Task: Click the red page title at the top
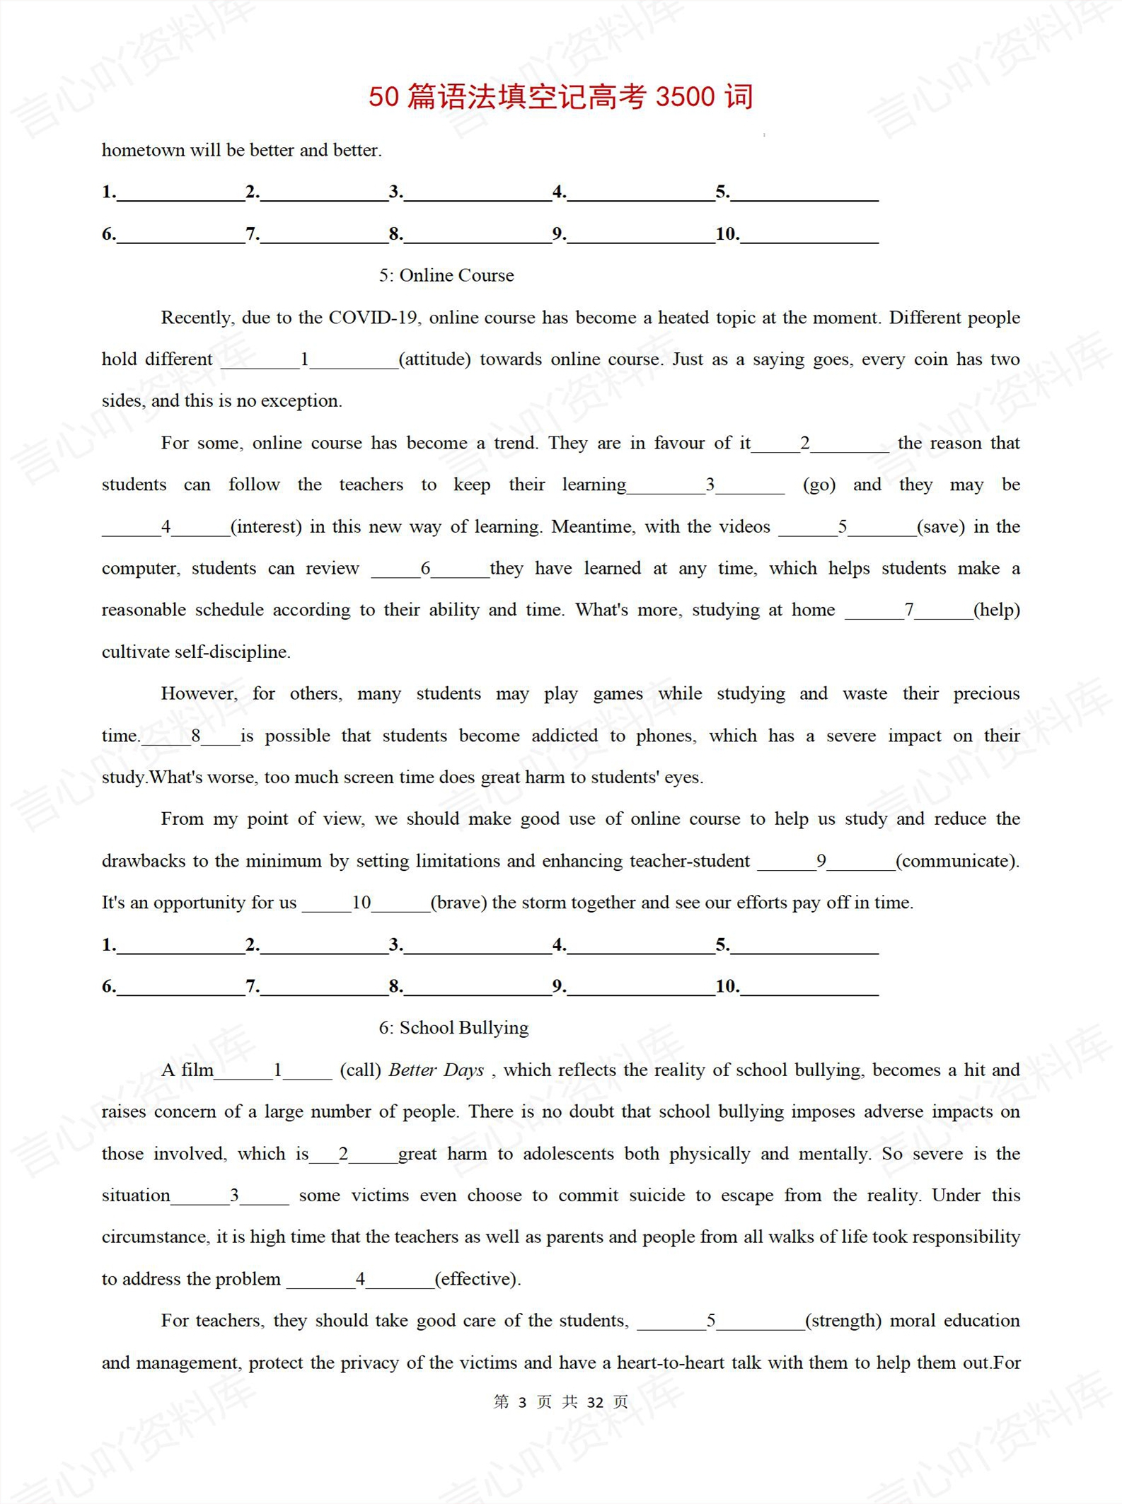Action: coord(560,96)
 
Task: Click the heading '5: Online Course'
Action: coord(446,275)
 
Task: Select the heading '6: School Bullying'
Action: coord(453,1027)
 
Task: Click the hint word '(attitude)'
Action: coord(434,359)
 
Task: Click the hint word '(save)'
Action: coord(940,526)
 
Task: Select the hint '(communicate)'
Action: coord(956,861)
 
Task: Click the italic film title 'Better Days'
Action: coord(436,1070)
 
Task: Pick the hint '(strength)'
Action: coord(843,1320)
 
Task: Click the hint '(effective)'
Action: coord(478,1279)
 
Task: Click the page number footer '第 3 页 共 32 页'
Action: coord(560,1402)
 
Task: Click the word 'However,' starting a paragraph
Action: coord(199,693)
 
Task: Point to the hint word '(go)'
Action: coord(819,485)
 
